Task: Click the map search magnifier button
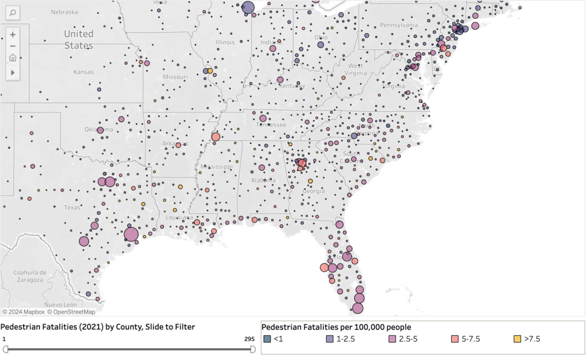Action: [x=13, y=12]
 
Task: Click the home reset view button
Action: [x=13, y=58]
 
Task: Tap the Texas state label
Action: [x=72, y=207]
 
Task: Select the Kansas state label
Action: [x=83, y=72]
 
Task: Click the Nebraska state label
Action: [x=64, y=12]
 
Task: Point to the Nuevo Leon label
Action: [x=60, y=304]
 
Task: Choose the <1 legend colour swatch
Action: [x=267, y=339]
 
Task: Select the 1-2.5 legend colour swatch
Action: [x=330, y=339]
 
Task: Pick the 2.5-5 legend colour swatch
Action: [x=393, y=339]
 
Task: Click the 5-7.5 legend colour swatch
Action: [x=456, y=339]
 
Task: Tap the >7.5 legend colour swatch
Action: [x=519, y=339]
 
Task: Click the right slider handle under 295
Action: [x=253, y=349]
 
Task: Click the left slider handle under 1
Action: [x=5, y=349]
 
